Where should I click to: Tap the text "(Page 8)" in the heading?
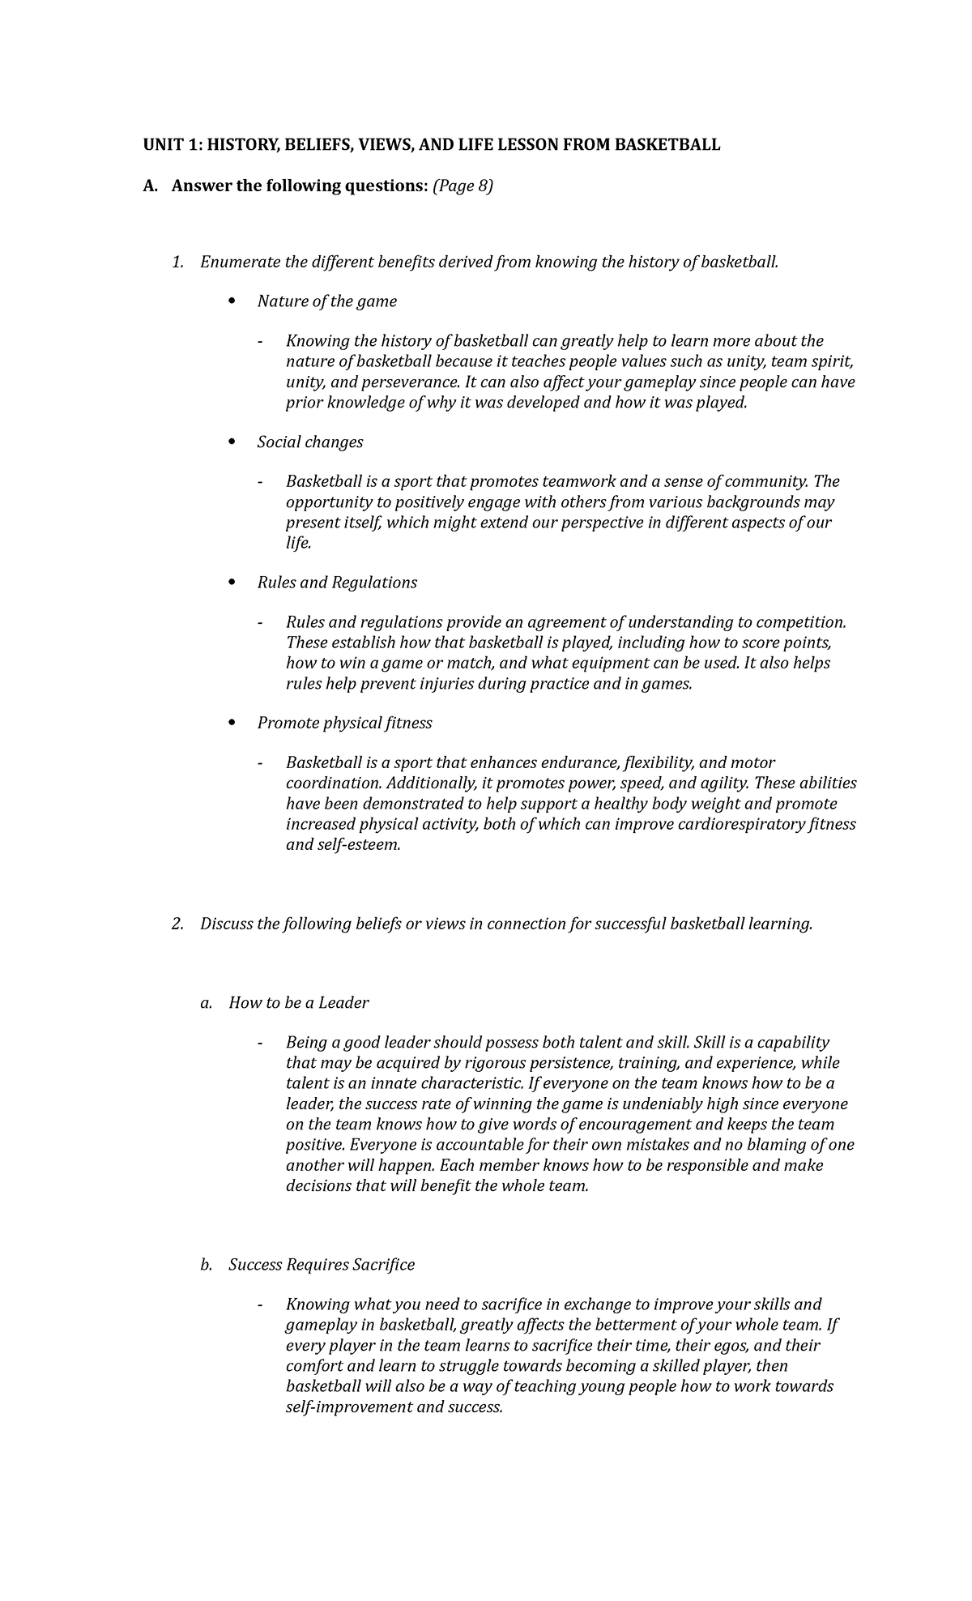point(463,186)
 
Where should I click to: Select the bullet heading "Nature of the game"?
point(326,301)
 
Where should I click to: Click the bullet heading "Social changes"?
point(310,442)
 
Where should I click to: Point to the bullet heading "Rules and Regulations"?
point(337,583)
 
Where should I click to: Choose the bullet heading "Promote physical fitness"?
point(344,723)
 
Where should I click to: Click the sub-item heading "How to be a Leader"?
point(298,1002)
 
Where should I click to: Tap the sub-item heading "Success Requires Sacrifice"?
point(322,1264)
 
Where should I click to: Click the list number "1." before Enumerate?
point(178,262)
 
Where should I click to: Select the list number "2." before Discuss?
point(178,924)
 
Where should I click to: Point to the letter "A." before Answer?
point(150,186)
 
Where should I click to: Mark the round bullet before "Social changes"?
point(232,442)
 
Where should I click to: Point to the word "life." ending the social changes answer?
point(298,543)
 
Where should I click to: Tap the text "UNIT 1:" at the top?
point(172,145)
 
